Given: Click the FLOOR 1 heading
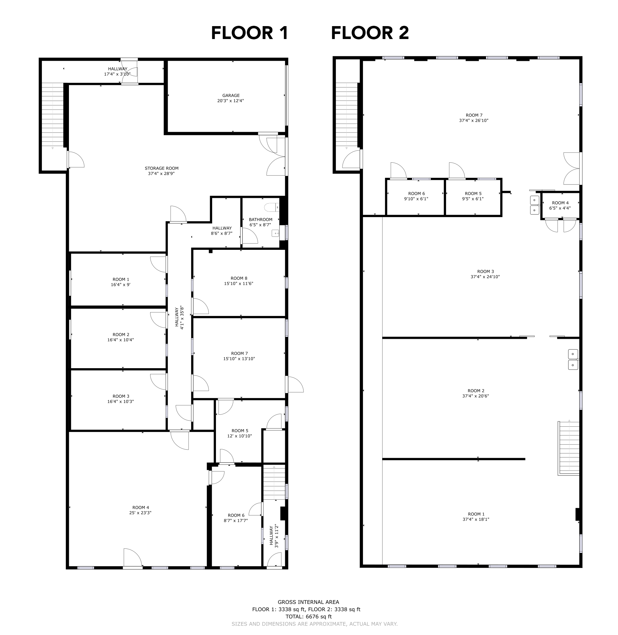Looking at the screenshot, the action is (x=250, y=33).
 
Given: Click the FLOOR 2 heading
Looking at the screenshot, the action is (x=370, y=33).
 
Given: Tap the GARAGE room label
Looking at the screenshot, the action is (x=231, y=95).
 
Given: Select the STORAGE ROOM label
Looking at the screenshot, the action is (x=161, y=168).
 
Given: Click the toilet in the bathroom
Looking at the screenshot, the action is (x=272, y=207).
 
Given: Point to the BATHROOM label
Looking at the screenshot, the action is (x=260, y=219).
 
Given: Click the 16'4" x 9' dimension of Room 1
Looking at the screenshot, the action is (x=120, y=284).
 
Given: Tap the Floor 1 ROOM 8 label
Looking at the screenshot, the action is (x=239, y=278).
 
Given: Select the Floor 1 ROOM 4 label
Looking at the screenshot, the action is (x=140, y=508).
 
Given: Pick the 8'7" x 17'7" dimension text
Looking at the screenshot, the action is (x=235, y=520).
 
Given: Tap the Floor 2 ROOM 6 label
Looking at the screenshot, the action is (x=417, y=194).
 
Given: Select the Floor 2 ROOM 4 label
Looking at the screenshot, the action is (x=560, y=203).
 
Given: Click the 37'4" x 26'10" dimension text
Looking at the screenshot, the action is (x=473, y=121).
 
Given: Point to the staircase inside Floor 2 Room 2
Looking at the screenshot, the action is (x=569, y=448).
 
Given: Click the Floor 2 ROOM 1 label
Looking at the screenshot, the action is (x=476, y=514).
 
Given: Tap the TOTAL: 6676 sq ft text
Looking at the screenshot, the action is (x=308, y=616).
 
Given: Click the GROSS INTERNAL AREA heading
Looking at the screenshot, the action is (x=308, y=602).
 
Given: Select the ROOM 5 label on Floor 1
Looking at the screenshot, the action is (x=240, y=430).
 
